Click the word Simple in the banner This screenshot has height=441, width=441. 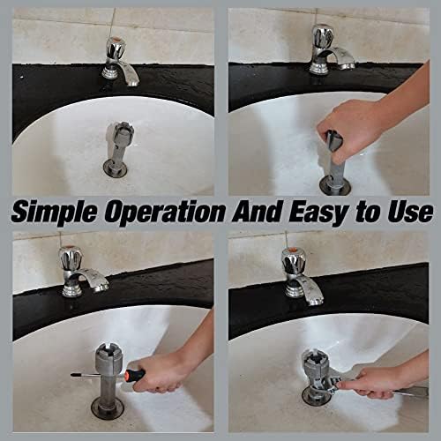tap(54, 213)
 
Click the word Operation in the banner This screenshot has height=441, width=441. tap(165, 211)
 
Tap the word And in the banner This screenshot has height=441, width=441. tap(258, 211)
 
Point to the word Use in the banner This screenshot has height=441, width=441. tap(410, 211)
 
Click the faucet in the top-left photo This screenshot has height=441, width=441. tap(119, 63)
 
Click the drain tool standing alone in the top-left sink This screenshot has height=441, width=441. tap(119, 148)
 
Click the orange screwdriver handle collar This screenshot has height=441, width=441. tap(127, 375)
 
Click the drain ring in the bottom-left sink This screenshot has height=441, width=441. tap(107, 408)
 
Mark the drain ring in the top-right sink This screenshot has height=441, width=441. tap(335, 186)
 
